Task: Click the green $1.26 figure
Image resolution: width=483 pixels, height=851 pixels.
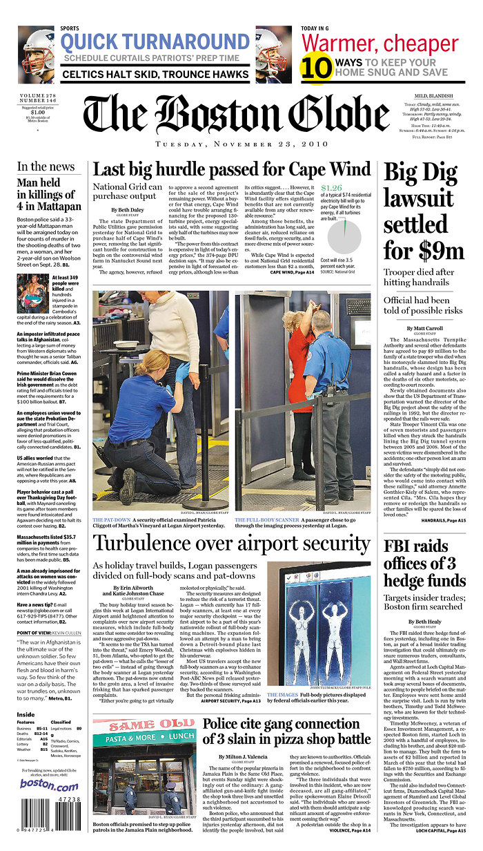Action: point(331,187)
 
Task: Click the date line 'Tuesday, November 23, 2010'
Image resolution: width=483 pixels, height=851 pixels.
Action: point(227,144)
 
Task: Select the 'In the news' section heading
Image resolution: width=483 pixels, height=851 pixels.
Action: point(46,166)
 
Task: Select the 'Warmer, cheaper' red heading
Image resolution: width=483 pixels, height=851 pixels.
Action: point(379,43)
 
